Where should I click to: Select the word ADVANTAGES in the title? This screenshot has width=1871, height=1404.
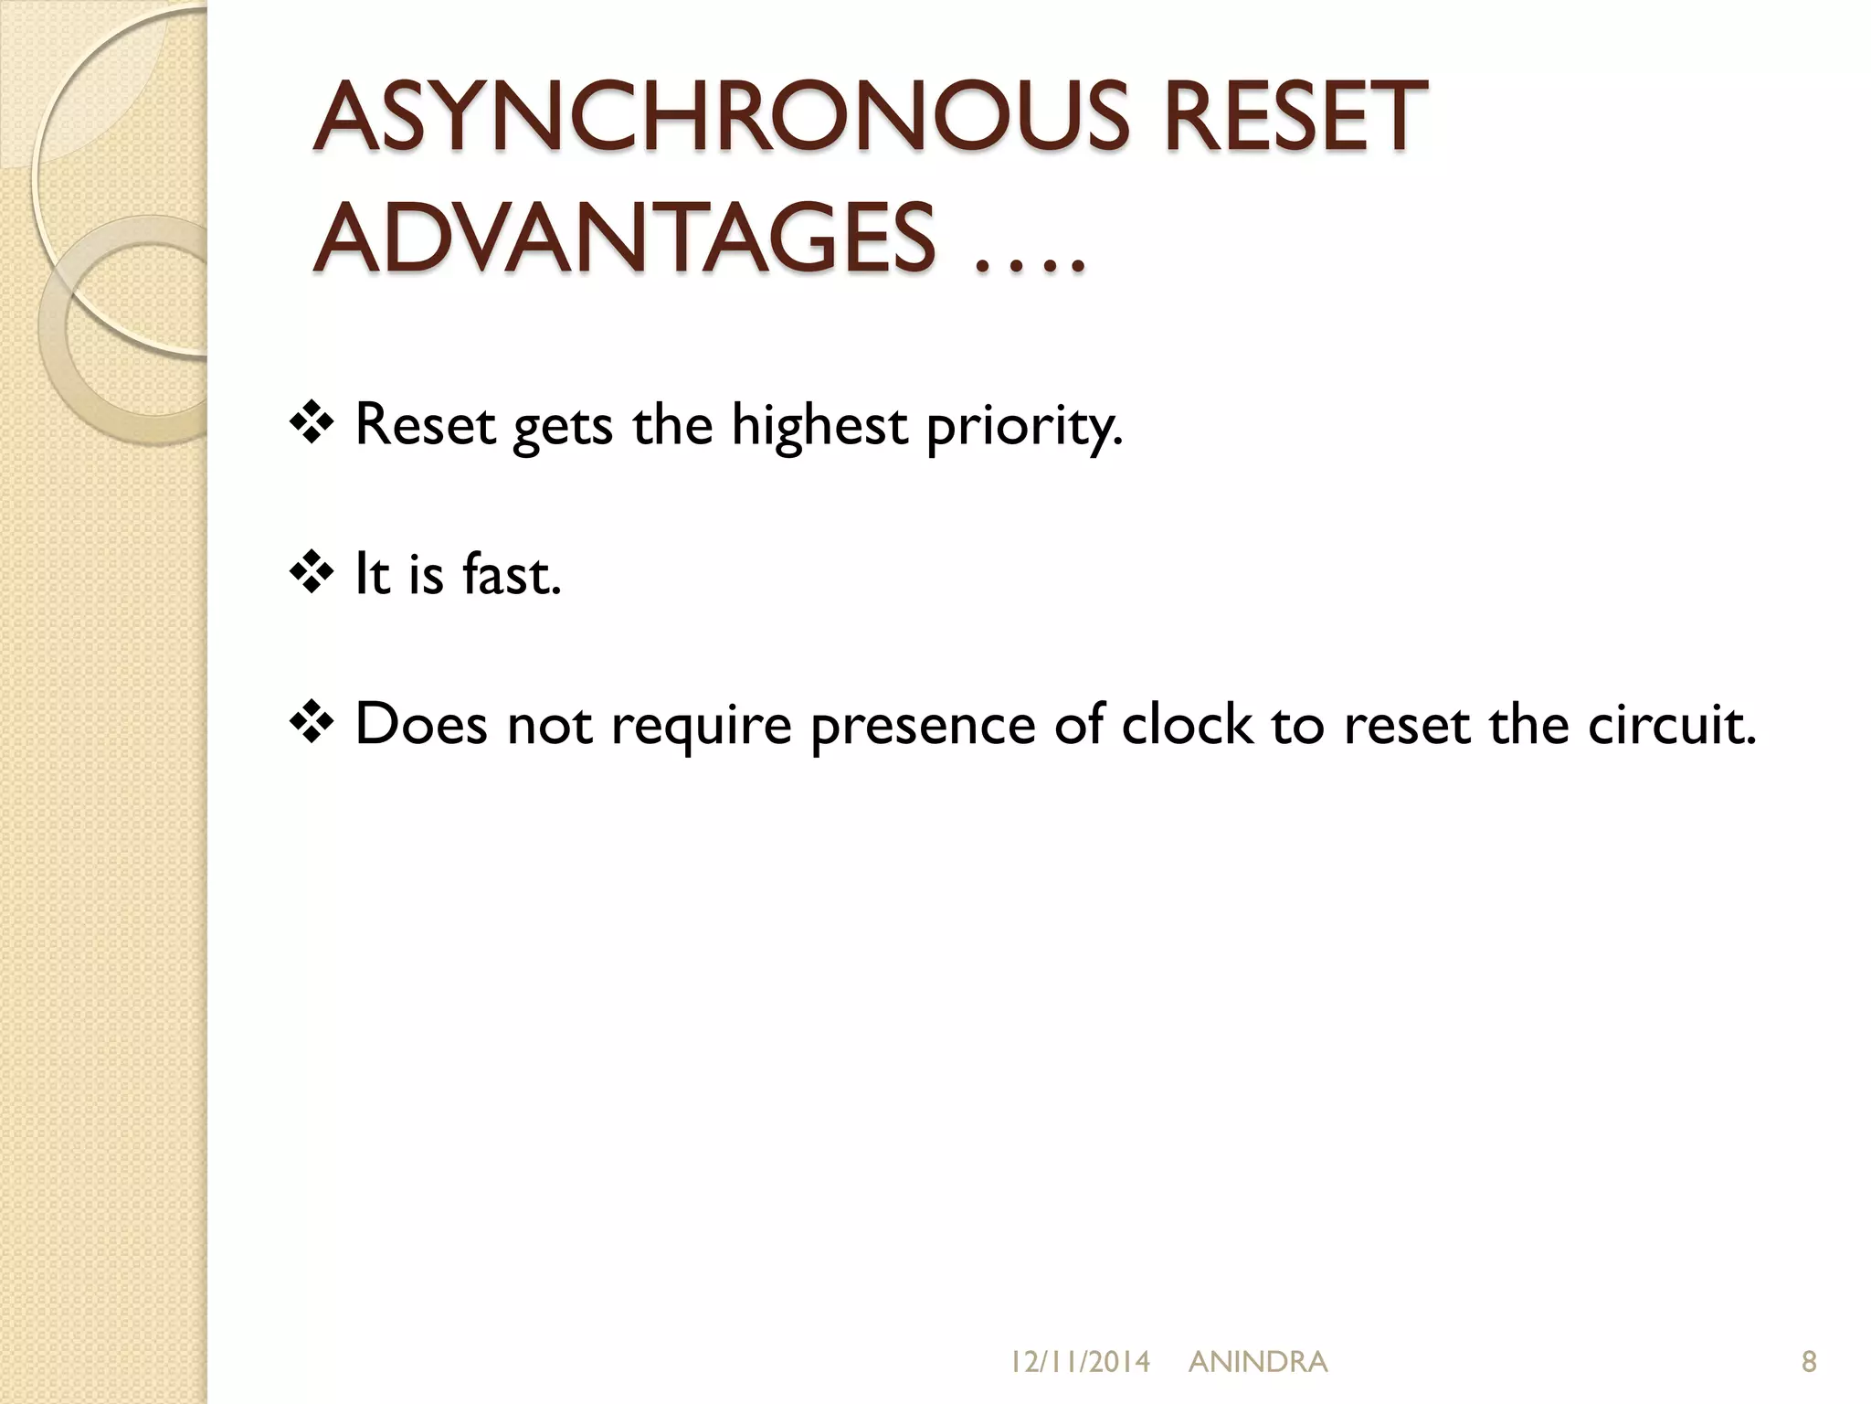624,239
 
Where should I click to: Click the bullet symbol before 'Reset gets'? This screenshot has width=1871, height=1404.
312,424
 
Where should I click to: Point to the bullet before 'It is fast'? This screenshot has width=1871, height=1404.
312,574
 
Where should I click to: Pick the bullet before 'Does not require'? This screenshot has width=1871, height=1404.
312,723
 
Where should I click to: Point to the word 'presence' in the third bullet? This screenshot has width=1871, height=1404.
924,725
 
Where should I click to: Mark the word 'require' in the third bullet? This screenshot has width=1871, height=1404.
701,725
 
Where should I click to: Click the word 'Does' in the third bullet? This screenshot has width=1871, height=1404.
421,723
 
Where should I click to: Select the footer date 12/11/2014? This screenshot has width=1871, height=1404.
1080,1362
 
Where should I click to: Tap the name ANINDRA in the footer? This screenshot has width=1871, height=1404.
1258,1362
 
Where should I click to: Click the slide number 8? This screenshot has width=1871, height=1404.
1808,1362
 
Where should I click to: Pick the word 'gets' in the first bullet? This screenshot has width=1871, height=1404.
562,426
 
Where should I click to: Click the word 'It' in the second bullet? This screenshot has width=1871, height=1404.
372,574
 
